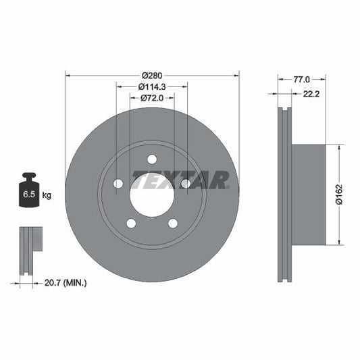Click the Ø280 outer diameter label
(152, 74)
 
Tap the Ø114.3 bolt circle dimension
(152, 86)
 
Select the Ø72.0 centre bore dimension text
(152, 99)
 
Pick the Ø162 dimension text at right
(340, 195)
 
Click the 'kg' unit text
(47, 195)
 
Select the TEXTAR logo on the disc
(181, 180)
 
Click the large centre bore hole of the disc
(152, 191)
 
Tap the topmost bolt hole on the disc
(152, 159)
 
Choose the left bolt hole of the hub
(118, 184)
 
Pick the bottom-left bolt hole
(131, 223)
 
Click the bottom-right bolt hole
(173, 223)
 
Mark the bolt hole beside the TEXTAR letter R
(186, 184)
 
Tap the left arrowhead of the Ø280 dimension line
(68, 74)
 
